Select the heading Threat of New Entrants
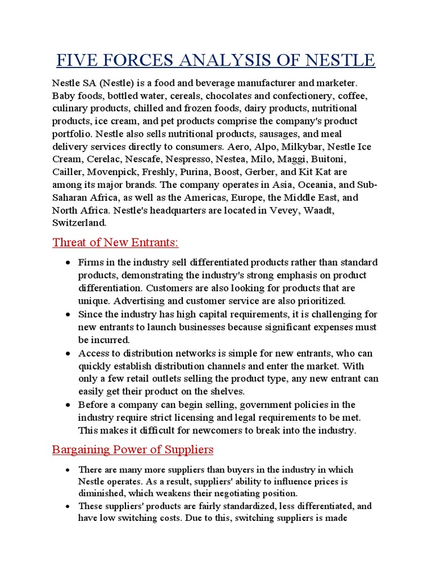click(x=115, y=242)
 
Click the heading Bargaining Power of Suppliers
click(x=133, y=449)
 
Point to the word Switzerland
click(x=79, y=223)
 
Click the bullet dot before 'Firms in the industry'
click(x=67, y=263)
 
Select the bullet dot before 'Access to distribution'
click(x=67, y=353)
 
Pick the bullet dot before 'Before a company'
click(x=67, y=405)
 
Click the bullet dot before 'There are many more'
click(x=67, y=470)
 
